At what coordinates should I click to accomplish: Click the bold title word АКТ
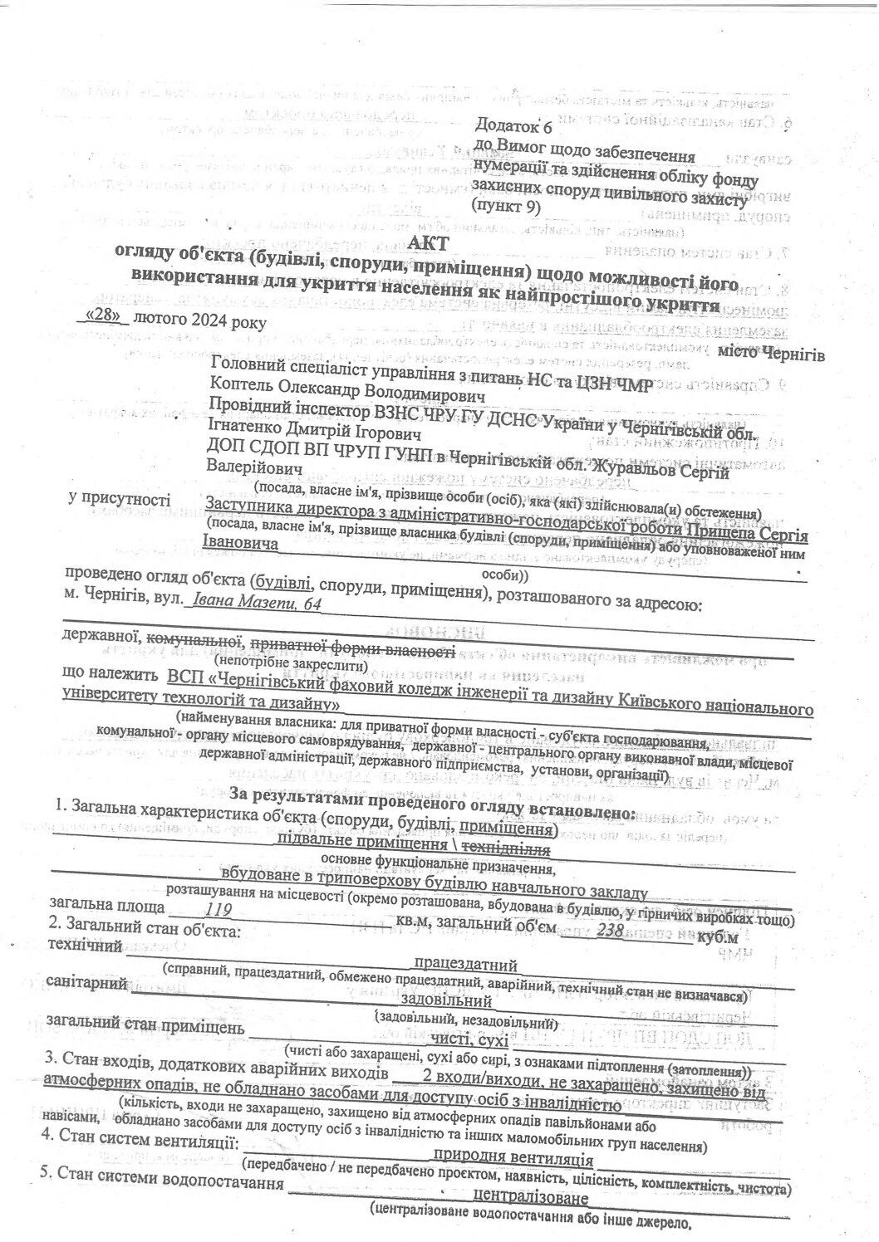point(434,242)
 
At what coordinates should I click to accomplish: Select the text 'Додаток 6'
point(513,125)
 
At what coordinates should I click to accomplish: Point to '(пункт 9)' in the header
point(505,205)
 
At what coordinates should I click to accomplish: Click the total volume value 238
point(611,931)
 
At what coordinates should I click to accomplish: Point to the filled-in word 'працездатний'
point(466,965)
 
